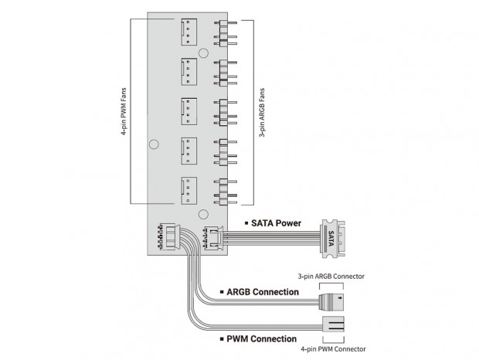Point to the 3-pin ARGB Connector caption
coord(331,275)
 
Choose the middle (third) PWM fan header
coord(189,111)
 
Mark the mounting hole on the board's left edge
coord(154,144)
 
